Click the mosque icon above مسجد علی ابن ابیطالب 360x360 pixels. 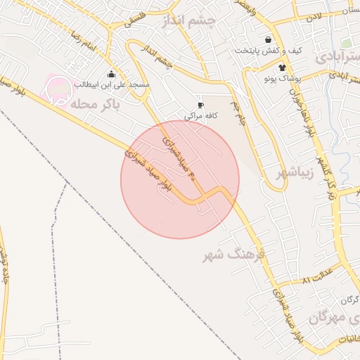[x=111, y=74]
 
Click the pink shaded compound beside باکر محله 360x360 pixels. [x=58, y=89]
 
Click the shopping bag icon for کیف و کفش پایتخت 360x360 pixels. [x=268, y=40]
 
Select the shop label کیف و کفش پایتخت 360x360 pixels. [x=268, y=51]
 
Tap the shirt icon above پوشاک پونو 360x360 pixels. [x=282, y=68]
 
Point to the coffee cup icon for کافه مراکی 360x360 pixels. [x=200, y=105]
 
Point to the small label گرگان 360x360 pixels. [x=349, y=301]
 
